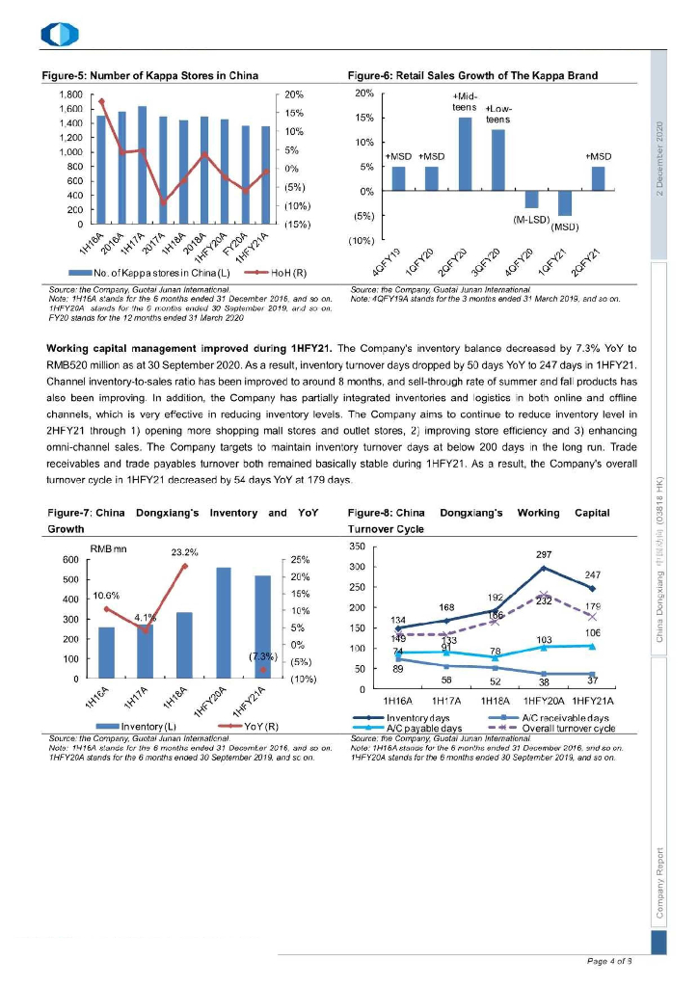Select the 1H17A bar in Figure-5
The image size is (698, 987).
coord(142,165)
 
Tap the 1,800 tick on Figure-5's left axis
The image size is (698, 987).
coord(68,94)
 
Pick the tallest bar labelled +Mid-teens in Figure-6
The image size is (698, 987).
coord(466,154)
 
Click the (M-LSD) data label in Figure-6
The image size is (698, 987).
coord(531,219)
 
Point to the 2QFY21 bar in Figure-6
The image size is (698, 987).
coord(598,178)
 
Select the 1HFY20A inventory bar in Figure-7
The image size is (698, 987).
coord(224,623)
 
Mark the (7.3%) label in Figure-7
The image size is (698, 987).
coord(262,656)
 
